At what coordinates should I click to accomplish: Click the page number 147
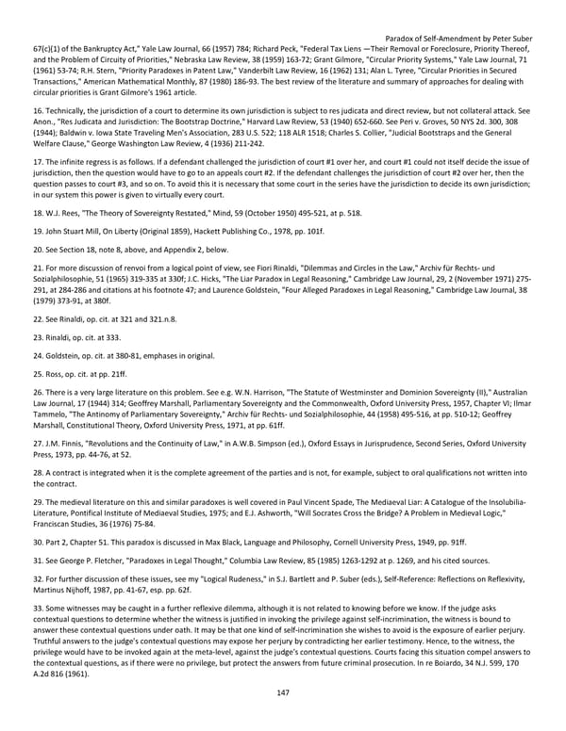coord(283,692)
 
